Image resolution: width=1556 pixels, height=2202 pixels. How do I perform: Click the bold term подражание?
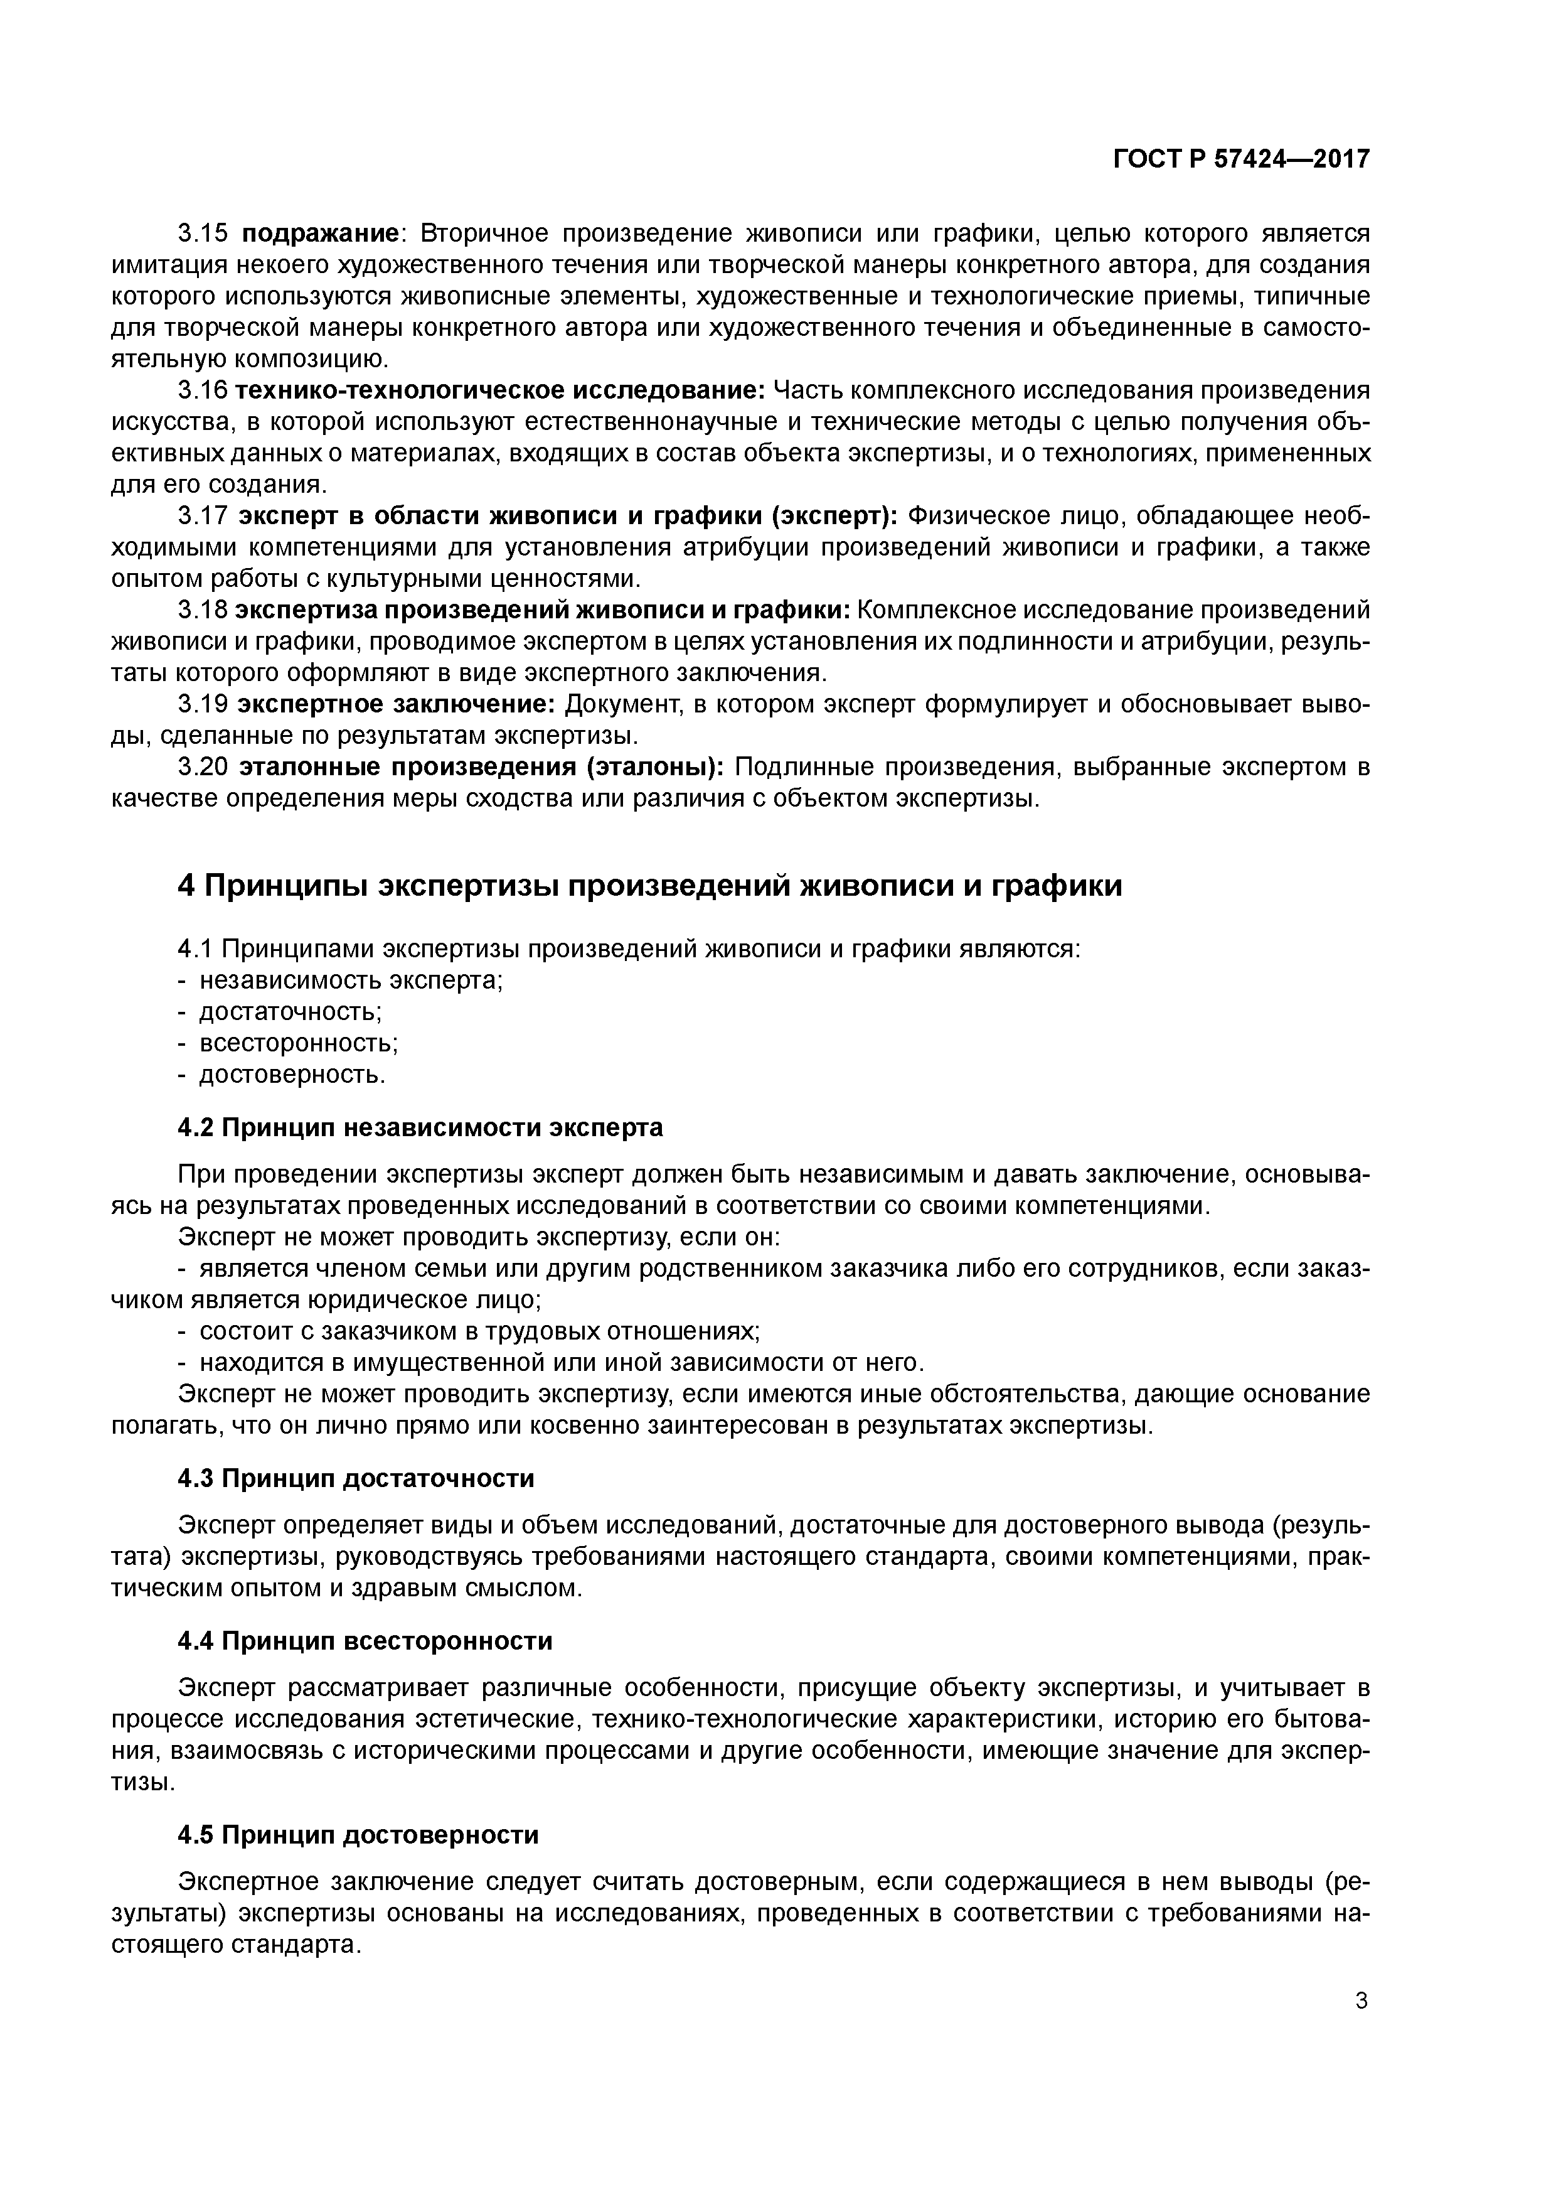(x=319, y=233)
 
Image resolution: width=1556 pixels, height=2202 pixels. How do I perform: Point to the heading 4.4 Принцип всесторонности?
(x=365, y=1641)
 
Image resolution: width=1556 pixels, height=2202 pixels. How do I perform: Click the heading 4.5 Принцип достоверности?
(x=358, y=1835)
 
